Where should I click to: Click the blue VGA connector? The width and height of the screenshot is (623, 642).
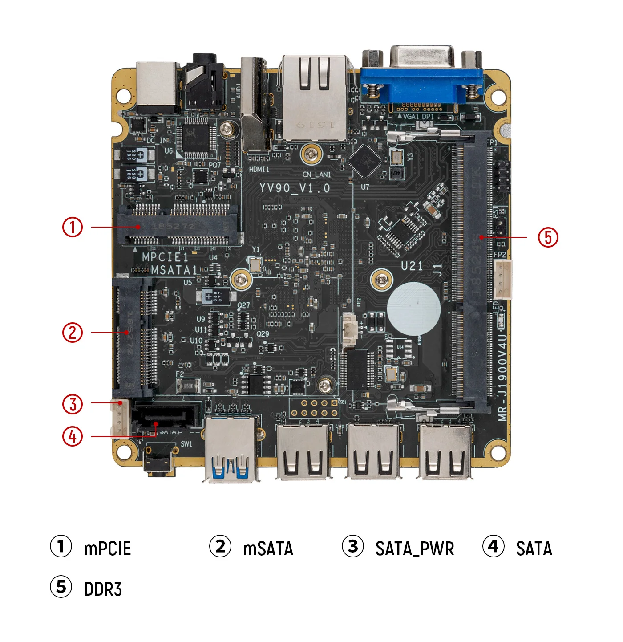[x=421, y=85]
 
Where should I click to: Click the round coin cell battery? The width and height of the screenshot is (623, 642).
[x=413, y=308]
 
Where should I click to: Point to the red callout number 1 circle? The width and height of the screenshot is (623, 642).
[x=72, y=227]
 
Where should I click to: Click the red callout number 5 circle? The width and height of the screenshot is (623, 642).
[x=548, y=237]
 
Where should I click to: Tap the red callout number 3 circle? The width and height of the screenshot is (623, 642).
[x=72, y=404]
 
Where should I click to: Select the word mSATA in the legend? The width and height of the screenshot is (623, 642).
[x=268, y=549]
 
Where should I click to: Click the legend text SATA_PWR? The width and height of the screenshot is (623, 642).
[x=414, y=549]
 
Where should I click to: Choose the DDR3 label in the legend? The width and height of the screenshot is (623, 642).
[x=103, y=589]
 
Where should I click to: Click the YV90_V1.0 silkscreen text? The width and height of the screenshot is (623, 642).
[x=295, y=188]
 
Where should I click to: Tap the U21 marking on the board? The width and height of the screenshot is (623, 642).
[x=412, y=266]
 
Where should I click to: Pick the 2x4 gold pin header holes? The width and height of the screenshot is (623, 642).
[x=314, y=408]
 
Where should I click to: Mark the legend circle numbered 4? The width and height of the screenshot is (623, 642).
[x=493, y=546]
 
